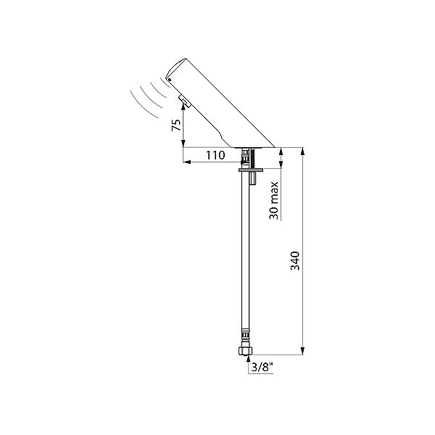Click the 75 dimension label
click(176, 125)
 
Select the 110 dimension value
click(215, 155)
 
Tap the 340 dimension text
click(295, 261)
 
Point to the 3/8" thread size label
click(262, 368)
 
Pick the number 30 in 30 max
click(274, 212)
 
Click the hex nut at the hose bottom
click(246, 351)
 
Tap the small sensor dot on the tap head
click(170, 80)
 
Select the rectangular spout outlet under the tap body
click(184, 101)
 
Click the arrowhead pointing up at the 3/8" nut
click(248, 359)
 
